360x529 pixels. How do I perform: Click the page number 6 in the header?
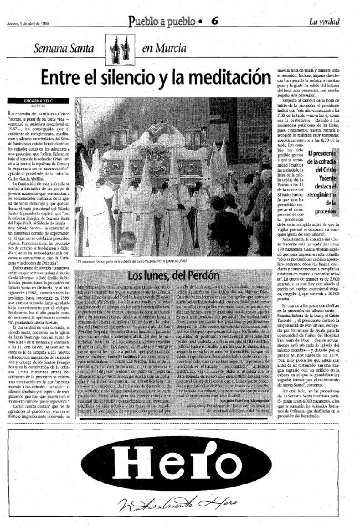(215, 22)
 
